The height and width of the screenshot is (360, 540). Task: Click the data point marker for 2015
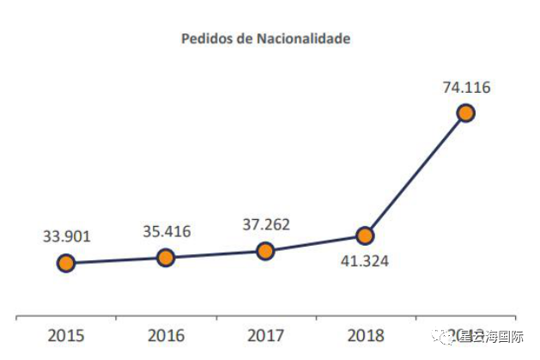pos(66,263)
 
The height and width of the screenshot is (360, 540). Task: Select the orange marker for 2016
pos(166,257)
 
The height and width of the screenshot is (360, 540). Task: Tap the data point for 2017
pos(265,251)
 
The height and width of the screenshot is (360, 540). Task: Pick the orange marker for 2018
pos(365,235)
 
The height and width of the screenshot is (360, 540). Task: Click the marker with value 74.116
pos(465,113)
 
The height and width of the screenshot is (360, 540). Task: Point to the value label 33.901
pos(67,235)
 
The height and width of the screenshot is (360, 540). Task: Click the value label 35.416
pos(167,230)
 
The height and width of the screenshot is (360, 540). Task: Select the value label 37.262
pos(266,224)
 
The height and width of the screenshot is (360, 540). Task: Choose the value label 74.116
pos(467,87)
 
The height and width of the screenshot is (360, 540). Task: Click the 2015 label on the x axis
pos(66,335)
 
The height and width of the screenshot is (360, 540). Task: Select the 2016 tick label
pos(166,335)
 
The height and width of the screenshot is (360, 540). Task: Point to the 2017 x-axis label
pos(266,335)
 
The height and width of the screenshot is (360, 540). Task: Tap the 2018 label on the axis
pos(366,335)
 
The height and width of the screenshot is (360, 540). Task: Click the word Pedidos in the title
pos(203,39)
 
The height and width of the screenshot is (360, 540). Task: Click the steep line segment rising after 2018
pos(416,174)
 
